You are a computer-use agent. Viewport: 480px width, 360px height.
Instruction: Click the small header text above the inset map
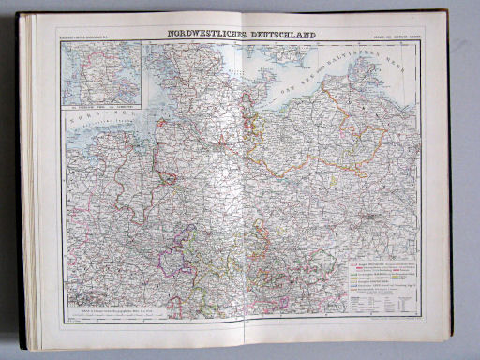[x=86, y=38]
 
